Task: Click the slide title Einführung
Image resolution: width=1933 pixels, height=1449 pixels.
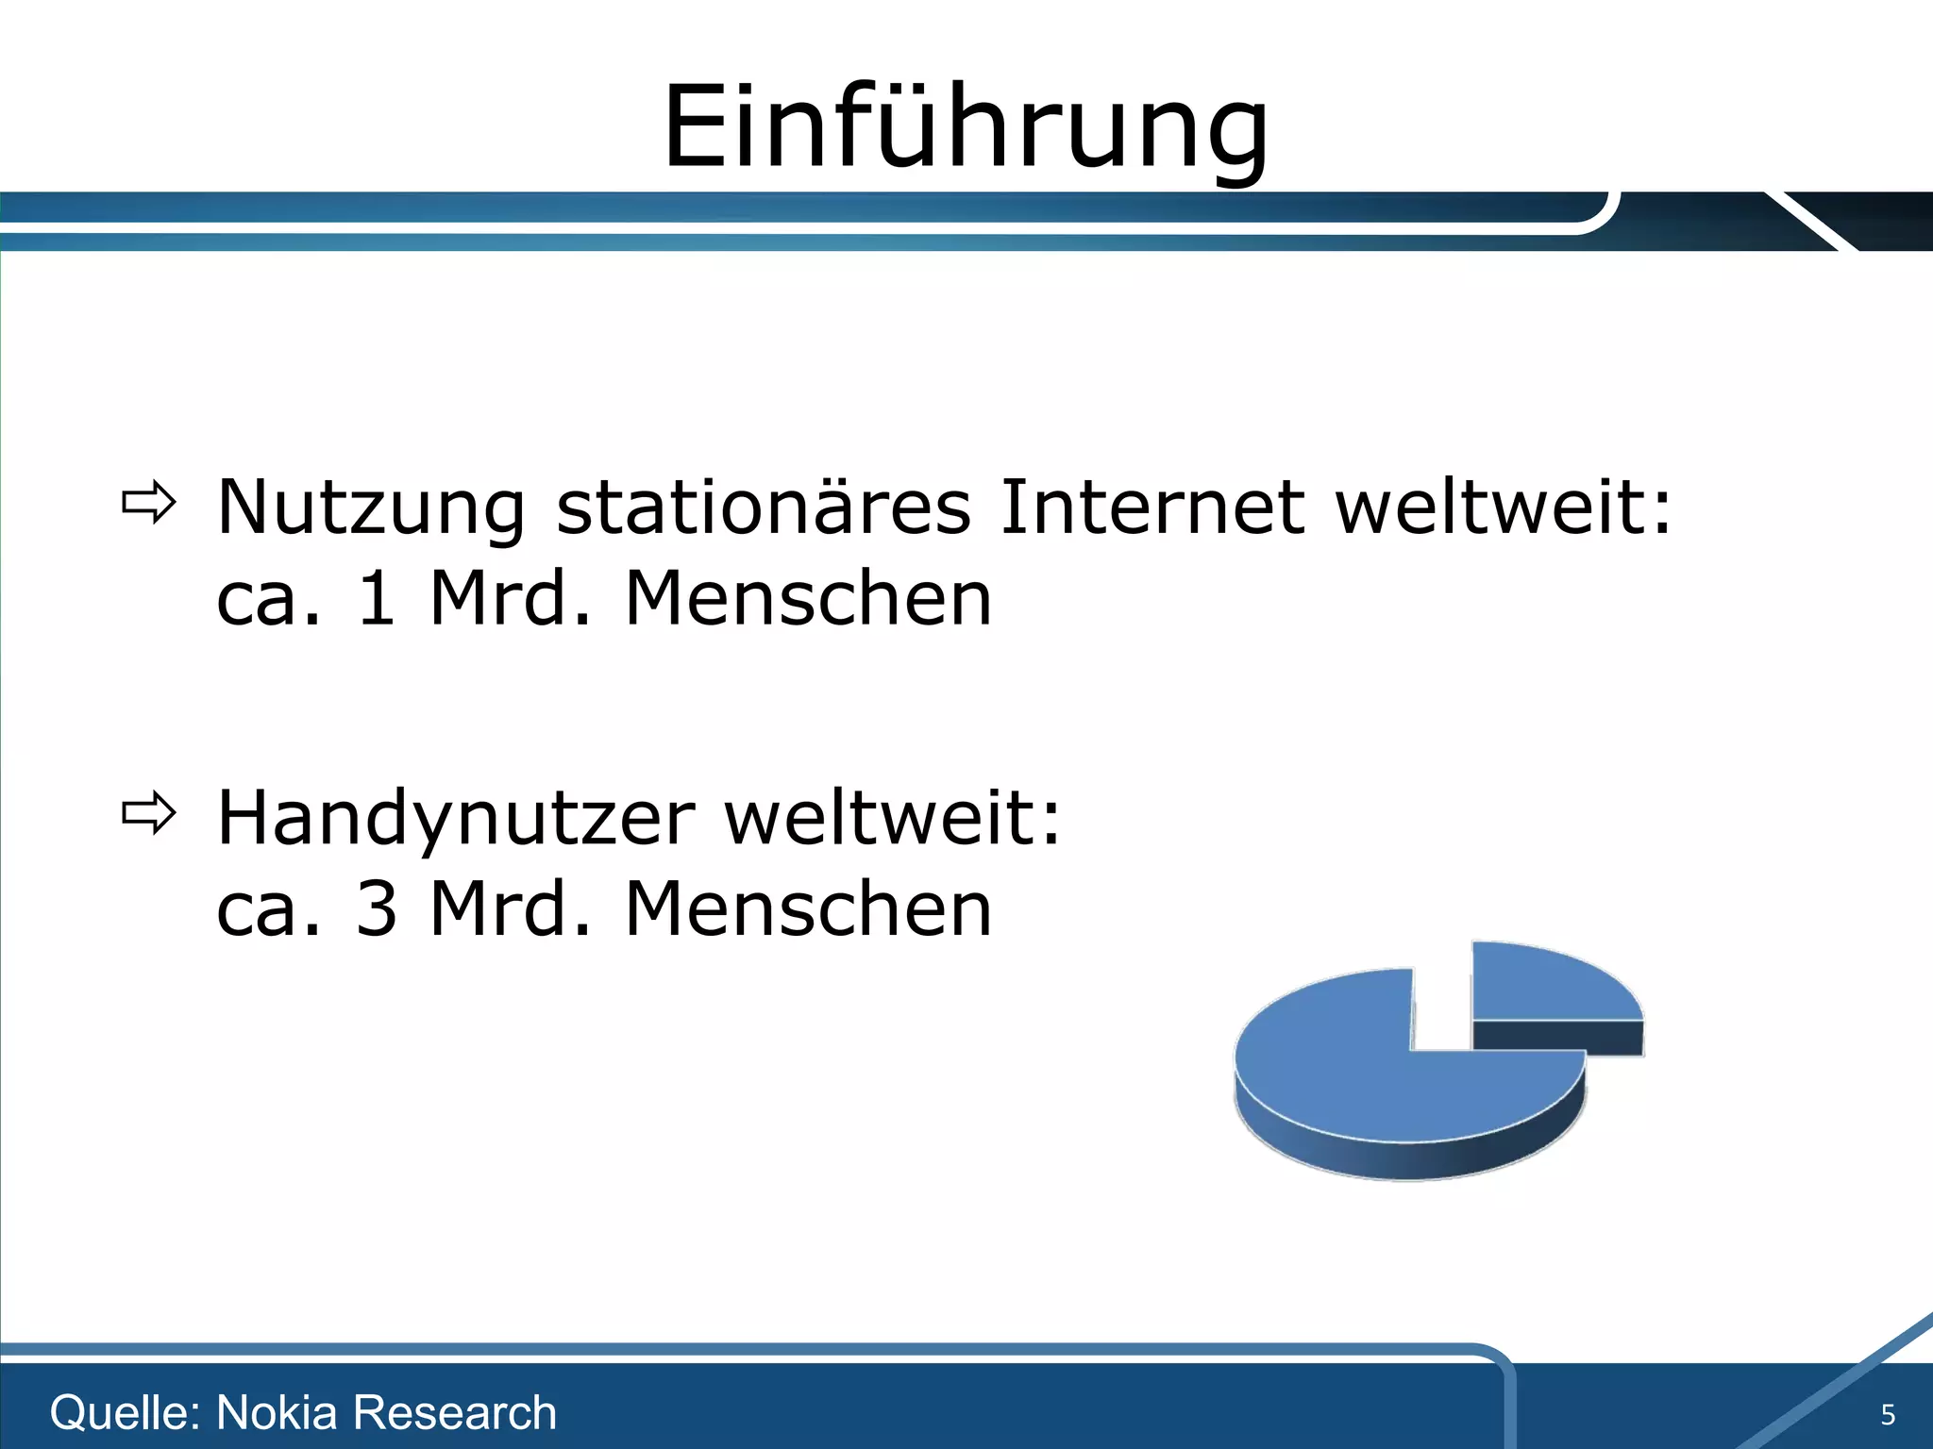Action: tap(966, 127)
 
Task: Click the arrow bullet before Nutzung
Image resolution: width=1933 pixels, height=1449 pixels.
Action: tap(148, 503)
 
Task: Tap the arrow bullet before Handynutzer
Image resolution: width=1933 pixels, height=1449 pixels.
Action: tap(148, 812)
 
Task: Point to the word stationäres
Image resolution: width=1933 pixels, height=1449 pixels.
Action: tap(763, 508)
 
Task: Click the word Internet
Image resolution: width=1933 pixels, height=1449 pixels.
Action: tap(1152, 508)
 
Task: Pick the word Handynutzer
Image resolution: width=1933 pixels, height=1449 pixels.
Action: tap(456, 819)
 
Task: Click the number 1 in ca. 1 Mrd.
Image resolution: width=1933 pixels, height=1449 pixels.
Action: tap(376, 599)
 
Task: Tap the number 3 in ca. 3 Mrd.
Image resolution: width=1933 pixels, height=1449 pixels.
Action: tap(376, 909)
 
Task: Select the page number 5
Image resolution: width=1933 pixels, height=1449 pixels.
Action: tap(1887, 1415)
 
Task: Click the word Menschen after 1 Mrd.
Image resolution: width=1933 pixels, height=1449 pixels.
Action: tap(808, 599)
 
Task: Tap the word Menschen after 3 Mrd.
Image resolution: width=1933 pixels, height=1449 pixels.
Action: tap(808, 909)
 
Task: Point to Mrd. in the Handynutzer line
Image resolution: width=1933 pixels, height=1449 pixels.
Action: tap(510, 909)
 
